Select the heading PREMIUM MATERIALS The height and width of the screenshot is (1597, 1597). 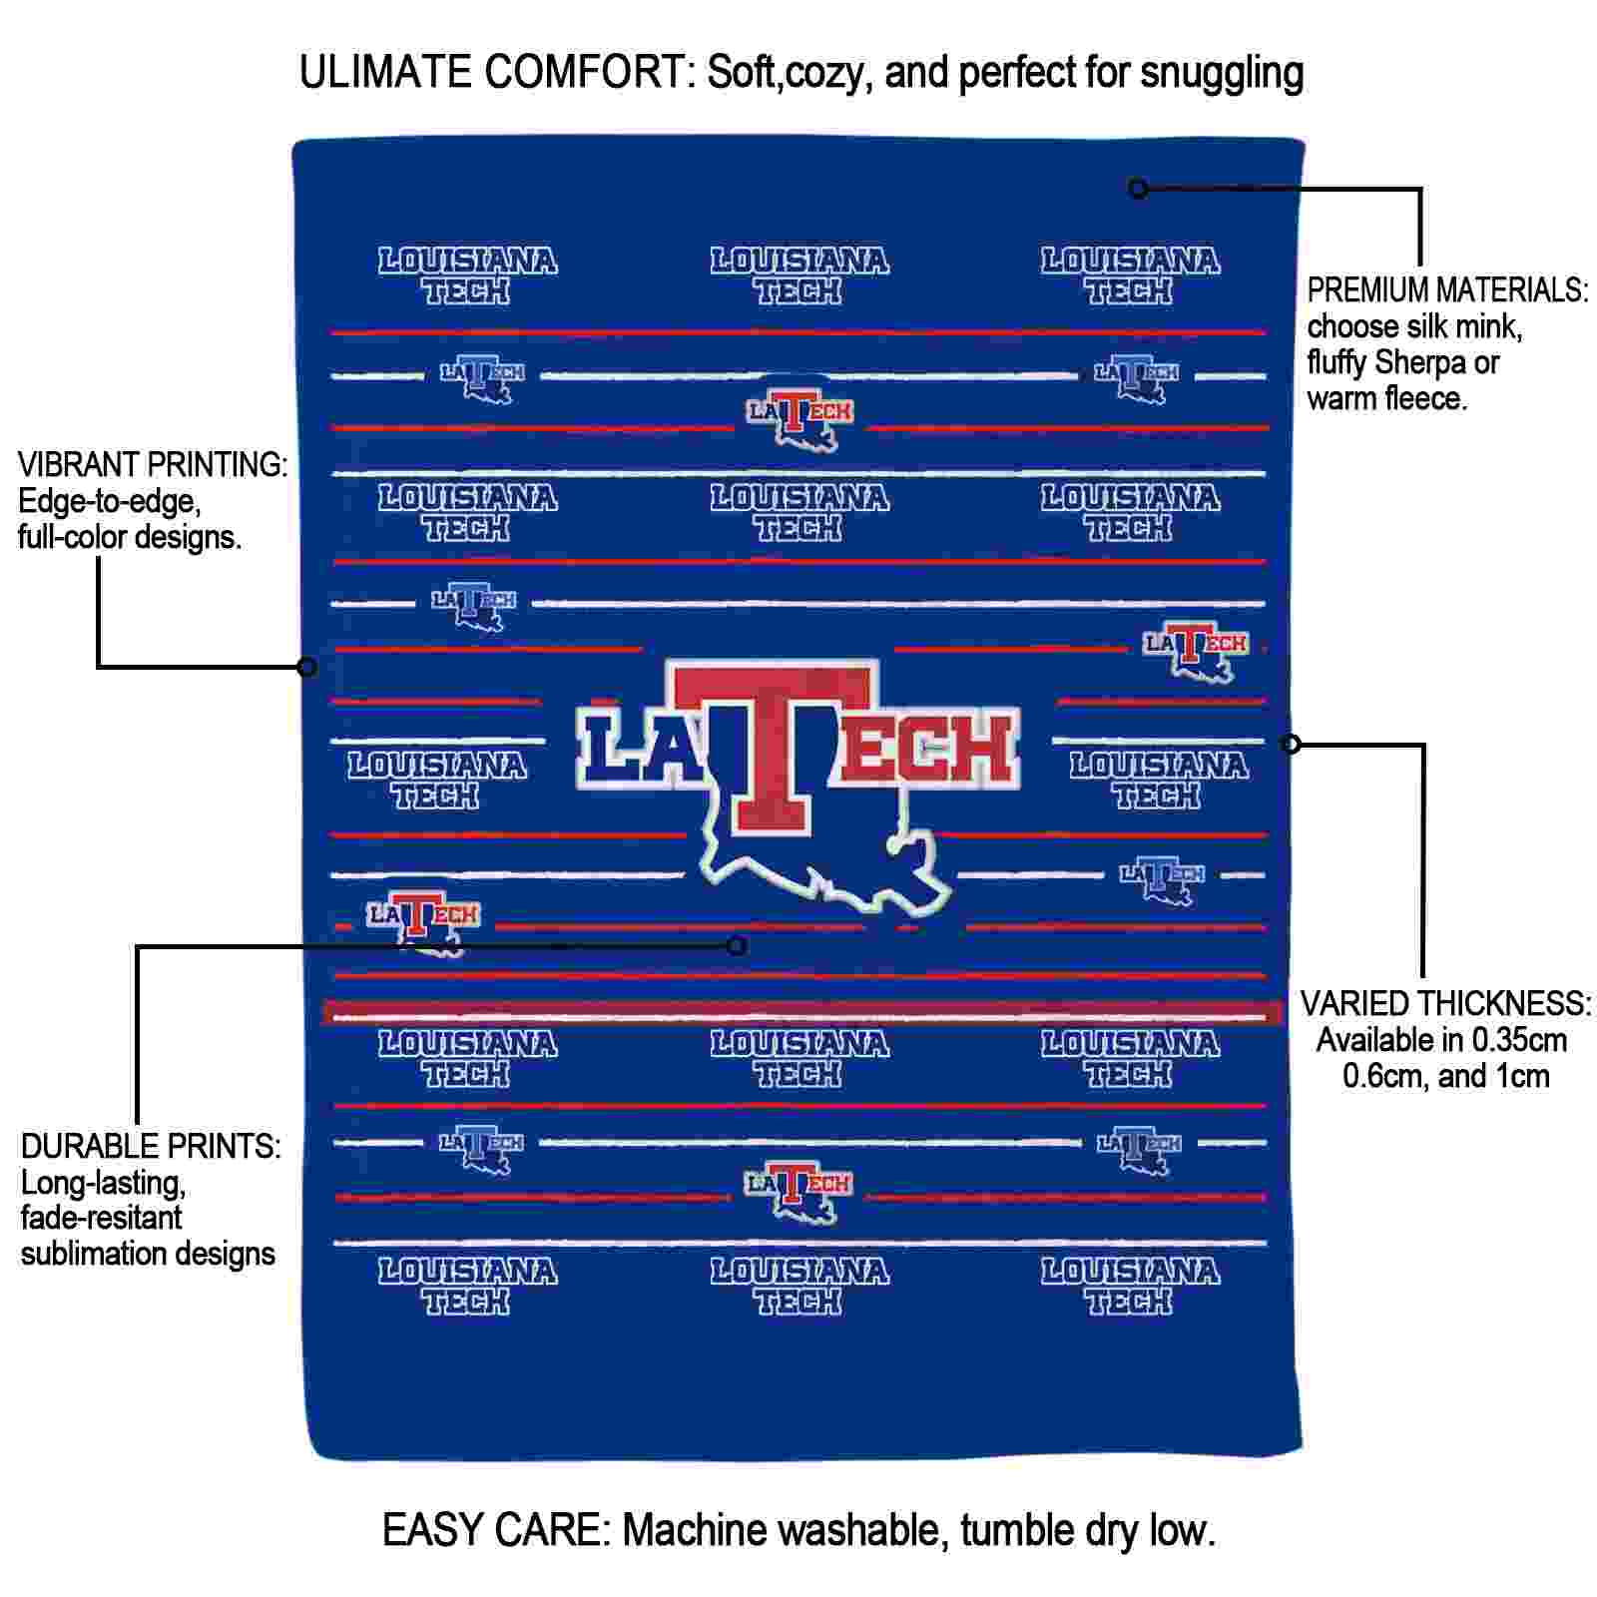point(1447,290)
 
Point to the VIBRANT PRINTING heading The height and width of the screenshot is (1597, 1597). point(153,464)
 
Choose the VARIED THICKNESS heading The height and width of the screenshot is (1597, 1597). point(1444,1003)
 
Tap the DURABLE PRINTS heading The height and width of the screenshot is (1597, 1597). point(151,1146)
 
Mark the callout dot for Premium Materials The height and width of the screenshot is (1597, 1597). point(1137,188)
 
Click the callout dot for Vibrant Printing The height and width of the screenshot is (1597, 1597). point(307,666)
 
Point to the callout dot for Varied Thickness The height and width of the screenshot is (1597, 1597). point(1291,744)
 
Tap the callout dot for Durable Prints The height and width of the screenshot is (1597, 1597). point(737,944)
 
